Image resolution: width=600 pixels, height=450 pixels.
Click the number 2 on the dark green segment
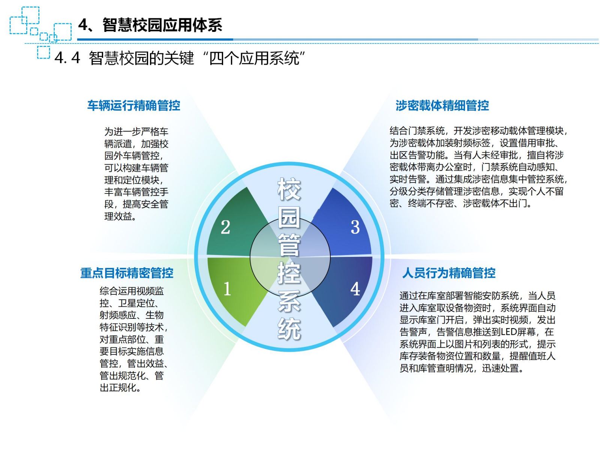(x=225, y=227)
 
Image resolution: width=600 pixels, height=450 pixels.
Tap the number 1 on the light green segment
(x=227, y=289)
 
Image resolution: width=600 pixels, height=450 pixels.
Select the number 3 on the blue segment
(x=355, y=227)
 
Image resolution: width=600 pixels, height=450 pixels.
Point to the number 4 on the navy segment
(x=355, y=289)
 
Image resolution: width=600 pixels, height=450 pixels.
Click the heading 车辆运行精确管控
(x=133, y=105)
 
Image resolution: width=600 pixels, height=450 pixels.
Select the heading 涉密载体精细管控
(x=442, y=105)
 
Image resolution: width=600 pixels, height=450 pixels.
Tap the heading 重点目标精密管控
(x=127, y=273)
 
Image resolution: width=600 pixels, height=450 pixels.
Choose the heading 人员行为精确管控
(x=449, y=273)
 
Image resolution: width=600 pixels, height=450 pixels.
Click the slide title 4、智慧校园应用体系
(x=150, y=25)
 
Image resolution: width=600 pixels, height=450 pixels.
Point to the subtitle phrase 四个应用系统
(x=254, y=58)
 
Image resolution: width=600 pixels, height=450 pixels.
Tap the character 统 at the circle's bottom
(x=289, y=329)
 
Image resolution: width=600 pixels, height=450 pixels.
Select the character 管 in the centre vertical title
(x=289, y=245)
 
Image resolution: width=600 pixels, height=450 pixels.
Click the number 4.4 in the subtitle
(x=67, y=58)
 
